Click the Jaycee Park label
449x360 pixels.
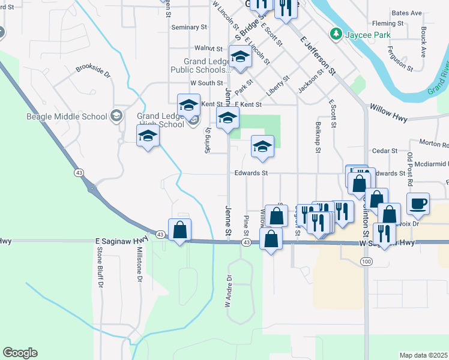(367, 35)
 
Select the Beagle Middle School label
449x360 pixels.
(67, 116)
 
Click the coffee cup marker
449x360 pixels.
(418, 203)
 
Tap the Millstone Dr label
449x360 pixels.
(139, 265)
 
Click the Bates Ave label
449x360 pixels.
(406, 13)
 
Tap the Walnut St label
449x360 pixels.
(209, 48)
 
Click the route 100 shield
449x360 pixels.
(366, 262)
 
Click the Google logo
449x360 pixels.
(20, 353)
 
